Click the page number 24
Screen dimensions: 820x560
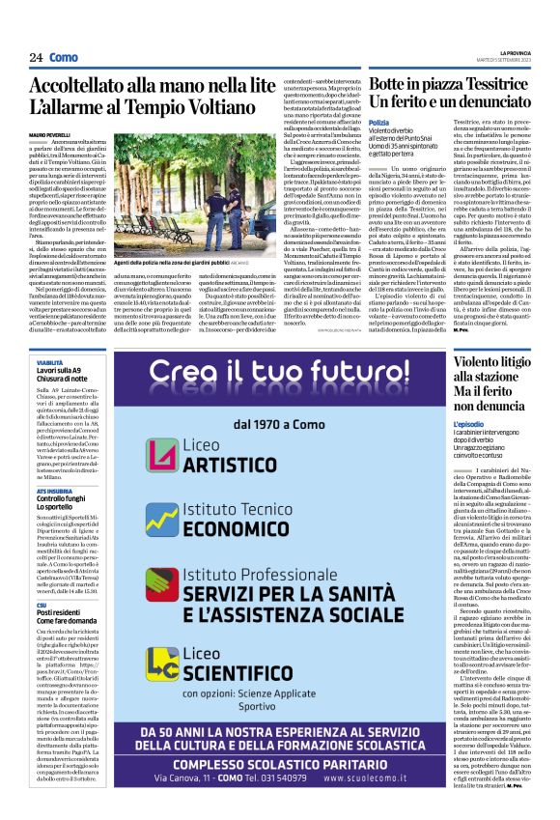(x=36, y=58)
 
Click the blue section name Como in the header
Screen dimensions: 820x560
(x=63, y=58)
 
